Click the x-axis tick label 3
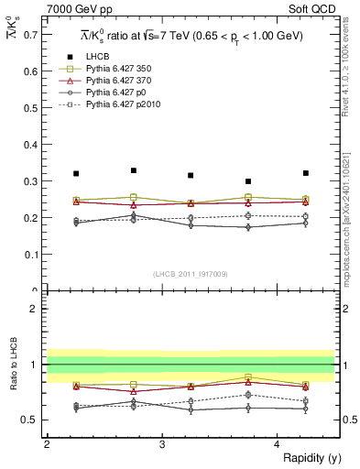pyautogui.click(x=161, y=443)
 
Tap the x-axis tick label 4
pyautogui.click(x=277, y=443)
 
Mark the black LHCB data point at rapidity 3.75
pyautogui.click(x=248, y=181)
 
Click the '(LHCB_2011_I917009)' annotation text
pyautogui.click(x=190, y=273)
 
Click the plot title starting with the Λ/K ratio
pyautogui.click(x=191, y=36)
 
